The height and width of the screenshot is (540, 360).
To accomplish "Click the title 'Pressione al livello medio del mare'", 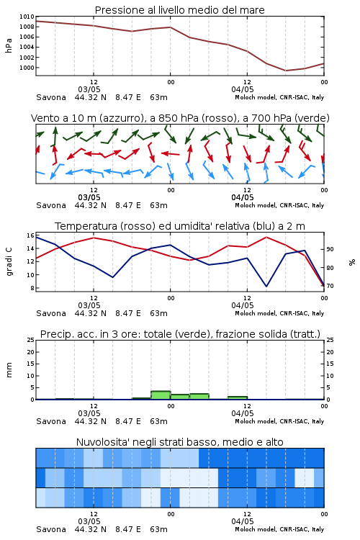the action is click(179, 10).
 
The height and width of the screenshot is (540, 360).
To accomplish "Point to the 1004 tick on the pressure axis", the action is click(27, 48).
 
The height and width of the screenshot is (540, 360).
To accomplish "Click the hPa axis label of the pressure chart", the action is click(9, 45).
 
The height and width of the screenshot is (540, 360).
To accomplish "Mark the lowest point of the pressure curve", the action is click(285, 71).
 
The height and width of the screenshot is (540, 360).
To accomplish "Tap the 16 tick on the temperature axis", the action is click(30, 235).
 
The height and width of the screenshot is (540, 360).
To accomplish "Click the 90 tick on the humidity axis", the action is click(330, 249).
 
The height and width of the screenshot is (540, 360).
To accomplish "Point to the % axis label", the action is click(352, 262).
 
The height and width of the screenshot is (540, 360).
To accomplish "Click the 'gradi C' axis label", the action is click(9, 261).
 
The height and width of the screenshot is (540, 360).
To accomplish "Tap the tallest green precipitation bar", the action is click(161, 395).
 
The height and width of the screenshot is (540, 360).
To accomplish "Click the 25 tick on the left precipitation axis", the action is click(30, 340).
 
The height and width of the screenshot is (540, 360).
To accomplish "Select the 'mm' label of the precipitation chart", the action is click(9, 370).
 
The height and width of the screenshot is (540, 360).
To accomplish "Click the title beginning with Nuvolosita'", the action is click(179, 442).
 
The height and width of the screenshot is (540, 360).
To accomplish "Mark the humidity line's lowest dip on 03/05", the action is click(112, 277).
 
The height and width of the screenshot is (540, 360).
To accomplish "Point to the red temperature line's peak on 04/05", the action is click(266, 237).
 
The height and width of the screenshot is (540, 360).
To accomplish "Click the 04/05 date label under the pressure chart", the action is click(243, 89).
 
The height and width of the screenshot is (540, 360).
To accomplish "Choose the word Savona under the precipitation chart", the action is click(51, 421).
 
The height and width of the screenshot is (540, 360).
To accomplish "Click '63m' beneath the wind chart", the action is click(159, 206).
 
